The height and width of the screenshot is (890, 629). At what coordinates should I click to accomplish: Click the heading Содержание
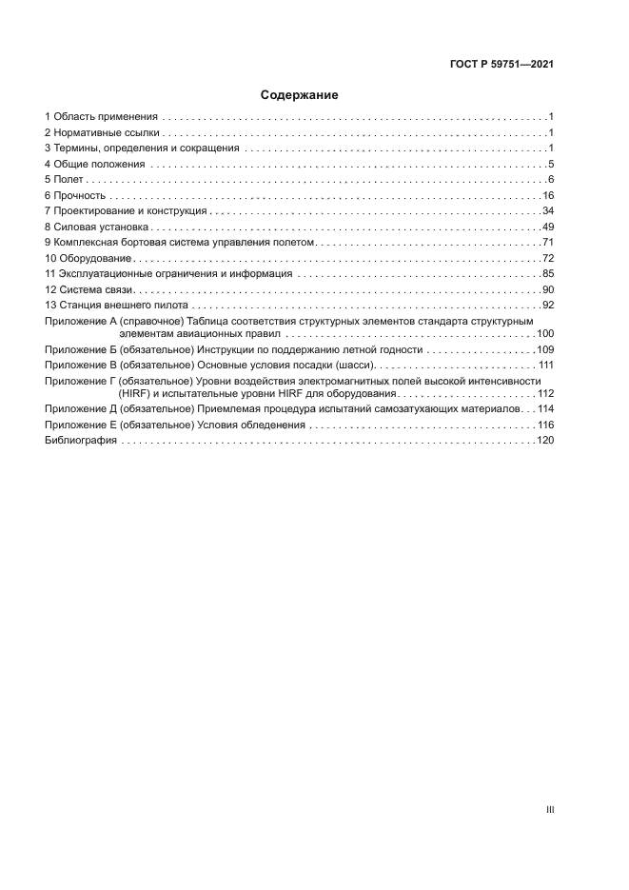tap(299, 95)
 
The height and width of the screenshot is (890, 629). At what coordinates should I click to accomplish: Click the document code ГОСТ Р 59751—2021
tap(501, 65)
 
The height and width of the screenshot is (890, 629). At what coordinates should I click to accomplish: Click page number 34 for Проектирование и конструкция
tap(547, 210)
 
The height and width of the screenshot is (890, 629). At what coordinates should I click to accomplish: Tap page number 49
tap(547, 227)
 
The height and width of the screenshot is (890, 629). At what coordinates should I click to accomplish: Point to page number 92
tap(547, 305)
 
